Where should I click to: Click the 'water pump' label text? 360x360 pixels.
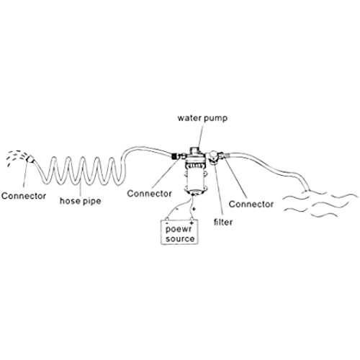click(x=202, y=118)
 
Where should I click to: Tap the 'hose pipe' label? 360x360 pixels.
click(x=80, y=201)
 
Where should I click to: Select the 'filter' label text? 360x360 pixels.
click(x=223, y=222)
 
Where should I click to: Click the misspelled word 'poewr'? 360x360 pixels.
click(x=179, y=229)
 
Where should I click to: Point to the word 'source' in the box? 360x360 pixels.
click(x=180, y=238)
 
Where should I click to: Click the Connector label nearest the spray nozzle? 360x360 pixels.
click(x=24, y=196)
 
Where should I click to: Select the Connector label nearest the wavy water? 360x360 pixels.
click(x=251, y=204)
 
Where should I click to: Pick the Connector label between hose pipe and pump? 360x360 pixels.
click(x=149, y=194)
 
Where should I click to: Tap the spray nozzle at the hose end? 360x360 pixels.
click(x=30, y=158)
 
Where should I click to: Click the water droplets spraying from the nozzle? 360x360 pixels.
click(x=16, y=157)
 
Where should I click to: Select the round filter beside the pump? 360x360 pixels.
click(x=213, y=157)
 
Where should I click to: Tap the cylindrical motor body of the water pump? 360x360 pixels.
click(x=196, y=179)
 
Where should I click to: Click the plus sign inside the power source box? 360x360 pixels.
click(x=192, y=223)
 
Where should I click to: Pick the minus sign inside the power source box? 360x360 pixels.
click(x=167, y=223)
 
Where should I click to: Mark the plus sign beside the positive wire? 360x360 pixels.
click(x=194, y=209)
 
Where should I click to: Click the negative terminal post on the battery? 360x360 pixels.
click(x=167, y=219)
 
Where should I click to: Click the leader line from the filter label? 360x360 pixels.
click(x=219, y=189)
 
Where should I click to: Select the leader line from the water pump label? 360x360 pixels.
click(x=201, y=135)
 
